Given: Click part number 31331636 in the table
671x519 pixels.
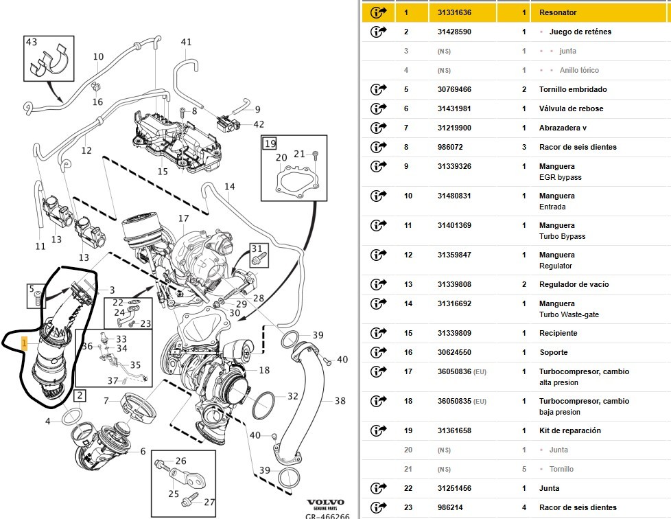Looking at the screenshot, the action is point(454,12).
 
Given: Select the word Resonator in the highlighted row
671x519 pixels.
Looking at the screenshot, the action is point(558,12).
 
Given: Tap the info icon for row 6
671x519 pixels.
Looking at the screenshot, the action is point(378,108).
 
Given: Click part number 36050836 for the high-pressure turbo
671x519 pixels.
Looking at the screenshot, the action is point(454,371).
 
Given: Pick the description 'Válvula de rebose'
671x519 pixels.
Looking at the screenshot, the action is point(571,108).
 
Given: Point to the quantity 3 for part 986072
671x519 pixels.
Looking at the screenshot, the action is point(523,147).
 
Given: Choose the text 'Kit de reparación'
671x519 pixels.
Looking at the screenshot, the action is point(570,431).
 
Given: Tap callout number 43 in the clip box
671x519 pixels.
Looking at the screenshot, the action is point(32,42).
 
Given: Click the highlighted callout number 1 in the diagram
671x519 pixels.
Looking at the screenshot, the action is point(25,343).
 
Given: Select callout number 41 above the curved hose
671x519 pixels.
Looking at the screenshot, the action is point(186,42).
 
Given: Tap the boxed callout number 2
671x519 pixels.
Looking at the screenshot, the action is point(80,395).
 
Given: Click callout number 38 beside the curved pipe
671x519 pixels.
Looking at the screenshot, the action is point(340,401).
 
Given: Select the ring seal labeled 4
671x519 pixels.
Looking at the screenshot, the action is point(72,417).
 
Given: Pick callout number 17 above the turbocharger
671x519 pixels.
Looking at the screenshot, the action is point(184,218).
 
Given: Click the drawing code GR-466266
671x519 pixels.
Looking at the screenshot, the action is point(327,516).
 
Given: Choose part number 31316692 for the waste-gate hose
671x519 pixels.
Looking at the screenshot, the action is point(454,303).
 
